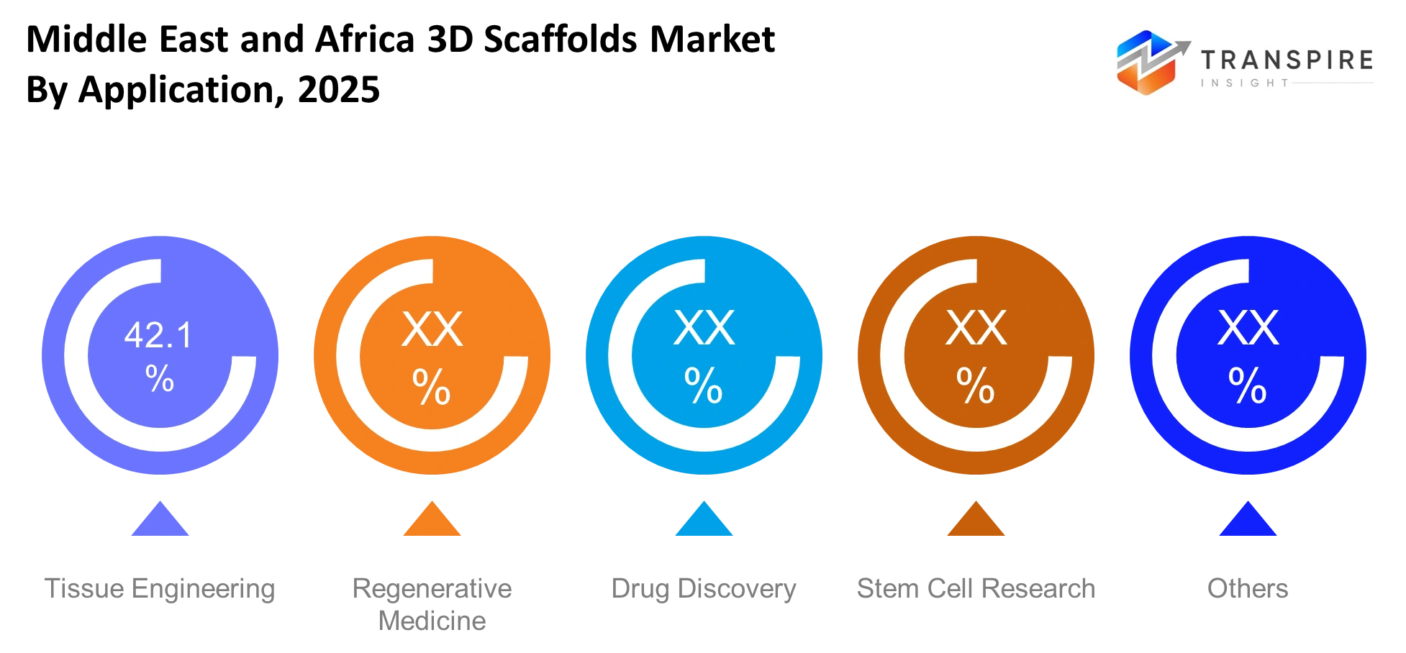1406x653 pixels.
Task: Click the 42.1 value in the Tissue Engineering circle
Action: pyautogui.click(x=159, y=335)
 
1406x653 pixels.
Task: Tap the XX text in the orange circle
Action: pyautogui.click(x=432, y=330)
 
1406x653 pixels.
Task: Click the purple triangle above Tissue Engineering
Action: pyautogui.click(x=160, y=519)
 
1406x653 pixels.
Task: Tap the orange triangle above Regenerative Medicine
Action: pyautogui.click(x=432, y=519)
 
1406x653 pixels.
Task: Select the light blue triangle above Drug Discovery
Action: pyautogui.click(x=704, y=519)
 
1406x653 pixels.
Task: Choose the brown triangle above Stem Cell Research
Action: pyautogui.click(x=976, y=519)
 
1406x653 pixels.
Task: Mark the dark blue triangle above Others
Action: pyautogui.click(x=1248, y=519)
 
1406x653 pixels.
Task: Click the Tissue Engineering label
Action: pyautogui.click(x=160, y=589)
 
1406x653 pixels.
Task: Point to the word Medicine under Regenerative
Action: pyautogui.click(x=432, y=621)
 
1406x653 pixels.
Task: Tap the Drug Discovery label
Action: pyautogui.click(x=704, y=589)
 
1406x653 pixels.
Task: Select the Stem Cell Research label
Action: pyautogui.click(x=976, y=588)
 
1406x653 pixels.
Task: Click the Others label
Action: pyautogui.click(x=1248, y=588)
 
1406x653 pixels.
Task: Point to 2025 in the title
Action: pyautogui.click(x=339, y=90)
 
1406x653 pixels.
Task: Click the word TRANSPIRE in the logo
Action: pyautogui.click(x=1287, y=60)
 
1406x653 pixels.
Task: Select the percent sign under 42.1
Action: pyautogui.click(x=159, y=378)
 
